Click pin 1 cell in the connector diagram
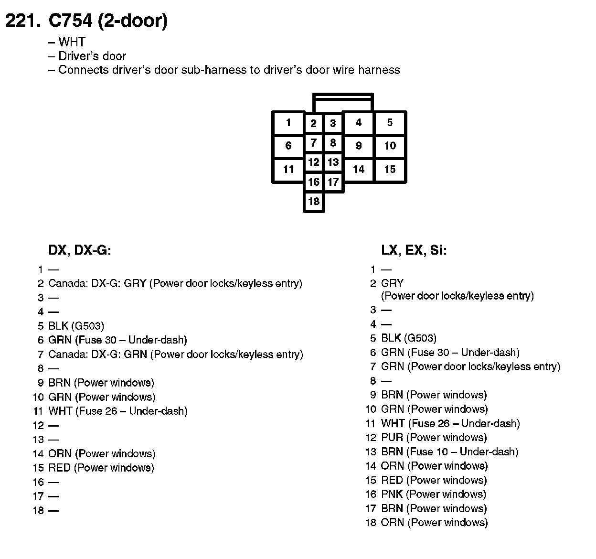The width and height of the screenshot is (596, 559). click(x=288, y=123)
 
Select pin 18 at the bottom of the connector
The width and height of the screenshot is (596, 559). click(x=314, y=201)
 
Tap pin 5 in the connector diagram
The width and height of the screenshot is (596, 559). click(x=390, y=123)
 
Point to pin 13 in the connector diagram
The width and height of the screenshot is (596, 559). click(x=333, y=162)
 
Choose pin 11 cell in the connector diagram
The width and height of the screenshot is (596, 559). click(x=288, y=169)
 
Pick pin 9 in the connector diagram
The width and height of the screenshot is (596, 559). click(x=359, y=146)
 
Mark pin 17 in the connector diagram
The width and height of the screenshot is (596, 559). click(x=333, y=182)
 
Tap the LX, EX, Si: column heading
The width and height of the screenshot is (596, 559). click(x=414, y=250)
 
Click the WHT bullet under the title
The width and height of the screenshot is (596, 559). click(x=72, y=42)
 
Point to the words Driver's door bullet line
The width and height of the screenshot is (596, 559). click(x=92, y=56)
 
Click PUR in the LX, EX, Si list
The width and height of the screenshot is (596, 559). click(x=392, y=438)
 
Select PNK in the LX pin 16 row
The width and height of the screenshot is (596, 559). click(x=392, y=494)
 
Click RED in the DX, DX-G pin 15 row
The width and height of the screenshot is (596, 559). click(x=60, y=468)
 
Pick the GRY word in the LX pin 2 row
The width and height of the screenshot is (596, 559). click(x=392, y=283)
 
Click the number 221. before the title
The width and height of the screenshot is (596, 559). click(x=22, y=21)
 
